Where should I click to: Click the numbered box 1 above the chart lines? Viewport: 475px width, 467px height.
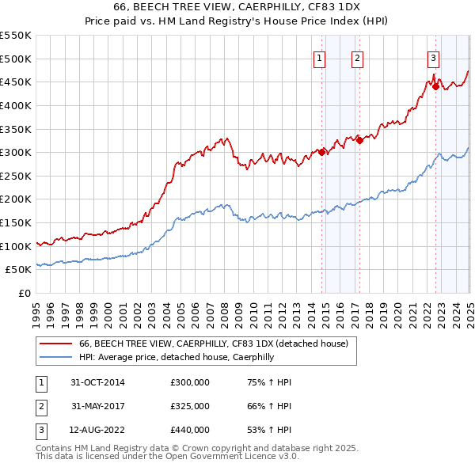tap(319, 57)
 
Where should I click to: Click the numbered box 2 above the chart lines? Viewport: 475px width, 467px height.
tap(357, 57)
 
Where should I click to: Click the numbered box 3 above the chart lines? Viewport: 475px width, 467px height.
tap(434, 57)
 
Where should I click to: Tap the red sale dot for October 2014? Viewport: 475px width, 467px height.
tap(322, 152)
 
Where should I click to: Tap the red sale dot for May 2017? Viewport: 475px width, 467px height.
tap(359, 140)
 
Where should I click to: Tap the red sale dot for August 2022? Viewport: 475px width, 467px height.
tap(435, 86)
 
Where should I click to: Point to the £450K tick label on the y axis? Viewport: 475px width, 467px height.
tap(16, 82)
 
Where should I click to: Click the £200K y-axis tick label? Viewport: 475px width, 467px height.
tap(16, 199)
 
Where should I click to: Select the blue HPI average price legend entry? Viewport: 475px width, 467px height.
tap(176, 358)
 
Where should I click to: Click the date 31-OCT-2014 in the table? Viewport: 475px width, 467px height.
tap(97, 382)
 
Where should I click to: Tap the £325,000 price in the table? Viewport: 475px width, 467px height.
tap(190, 406)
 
